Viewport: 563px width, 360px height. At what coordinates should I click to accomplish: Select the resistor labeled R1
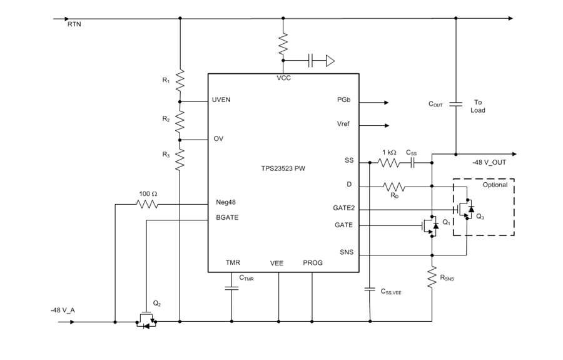point(180,80)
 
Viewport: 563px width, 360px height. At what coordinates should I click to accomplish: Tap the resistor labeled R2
point(180,120)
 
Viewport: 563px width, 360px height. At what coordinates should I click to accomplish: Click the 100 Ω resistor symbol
point(148,204)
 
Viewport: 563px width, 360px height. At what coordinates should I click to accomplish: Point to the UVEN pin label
point(222,100)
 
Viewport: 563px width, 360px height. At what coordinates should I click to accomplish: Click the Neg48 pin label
point(224,203)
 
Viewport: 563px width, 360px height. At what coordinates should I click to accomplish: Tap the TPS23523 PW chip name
point(283,168)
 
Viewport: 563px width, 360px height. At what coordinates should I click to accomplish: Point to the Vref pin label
point(343,124)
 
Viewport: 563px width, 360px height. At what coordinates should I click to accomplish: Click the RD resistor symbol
point(394,187)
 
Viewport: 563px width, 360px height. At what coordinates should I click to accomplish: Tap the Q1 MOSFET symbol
point(430,226)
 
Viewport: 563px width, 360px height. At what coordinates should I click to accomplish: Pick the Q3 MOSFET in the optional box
point(466,209)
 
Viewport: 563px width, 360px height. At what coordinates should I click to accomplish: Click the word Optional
point(495,185)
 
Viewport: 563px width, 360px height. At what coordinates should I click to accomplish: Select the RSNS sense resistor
point(432,275)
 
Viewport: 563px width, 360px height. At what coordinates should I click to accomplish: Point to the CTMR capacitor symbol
point(231,289)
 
